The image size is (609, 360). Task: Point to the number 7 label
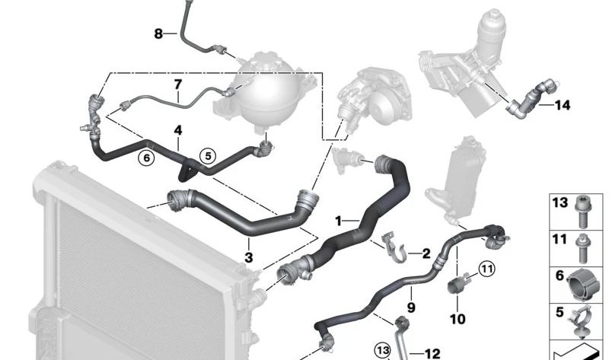[178, 84]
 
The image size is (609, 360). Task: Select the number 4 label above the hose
[177, 130]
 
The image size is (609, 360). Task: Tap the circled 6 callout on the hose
[145, 157]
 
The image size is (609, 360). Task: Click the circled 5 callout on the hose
[207, 156]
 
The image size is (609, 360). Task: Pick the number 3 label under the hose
[249, 258]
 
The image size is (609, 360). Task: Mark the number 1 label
[339, 221]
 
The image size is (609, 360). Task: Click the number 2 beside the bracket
[426, 252]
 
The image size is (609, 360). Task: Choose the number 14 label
[563, 106]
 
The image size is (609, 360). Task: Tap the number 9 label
[411, 307]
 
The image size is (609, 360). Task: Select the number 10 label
[457, 320]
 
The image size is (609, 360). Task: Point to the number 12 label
[432, 353]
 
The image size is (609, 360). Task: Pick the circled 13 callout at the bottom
[382, 349]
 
